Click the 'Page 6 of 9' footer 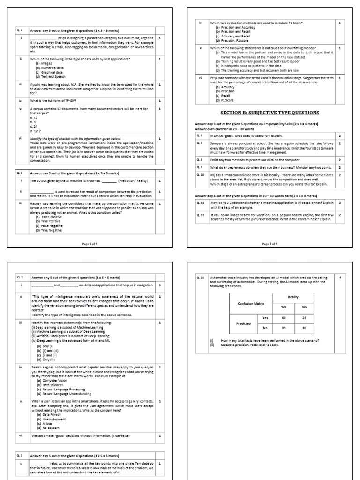click(90, 231)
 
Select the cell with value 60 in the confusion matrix click(283, 317)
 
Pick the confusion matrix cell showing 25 click(305, 317)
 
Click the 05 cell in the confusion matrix click(283, 328)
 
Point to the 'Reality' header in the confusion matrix click(293, 297)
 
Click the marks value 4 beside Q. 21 click(339, 277)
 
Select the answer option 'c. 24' click(34, 126)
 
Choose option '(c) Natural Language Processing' click(61, 390)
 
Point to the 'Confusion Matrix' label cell click(250, 304)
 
